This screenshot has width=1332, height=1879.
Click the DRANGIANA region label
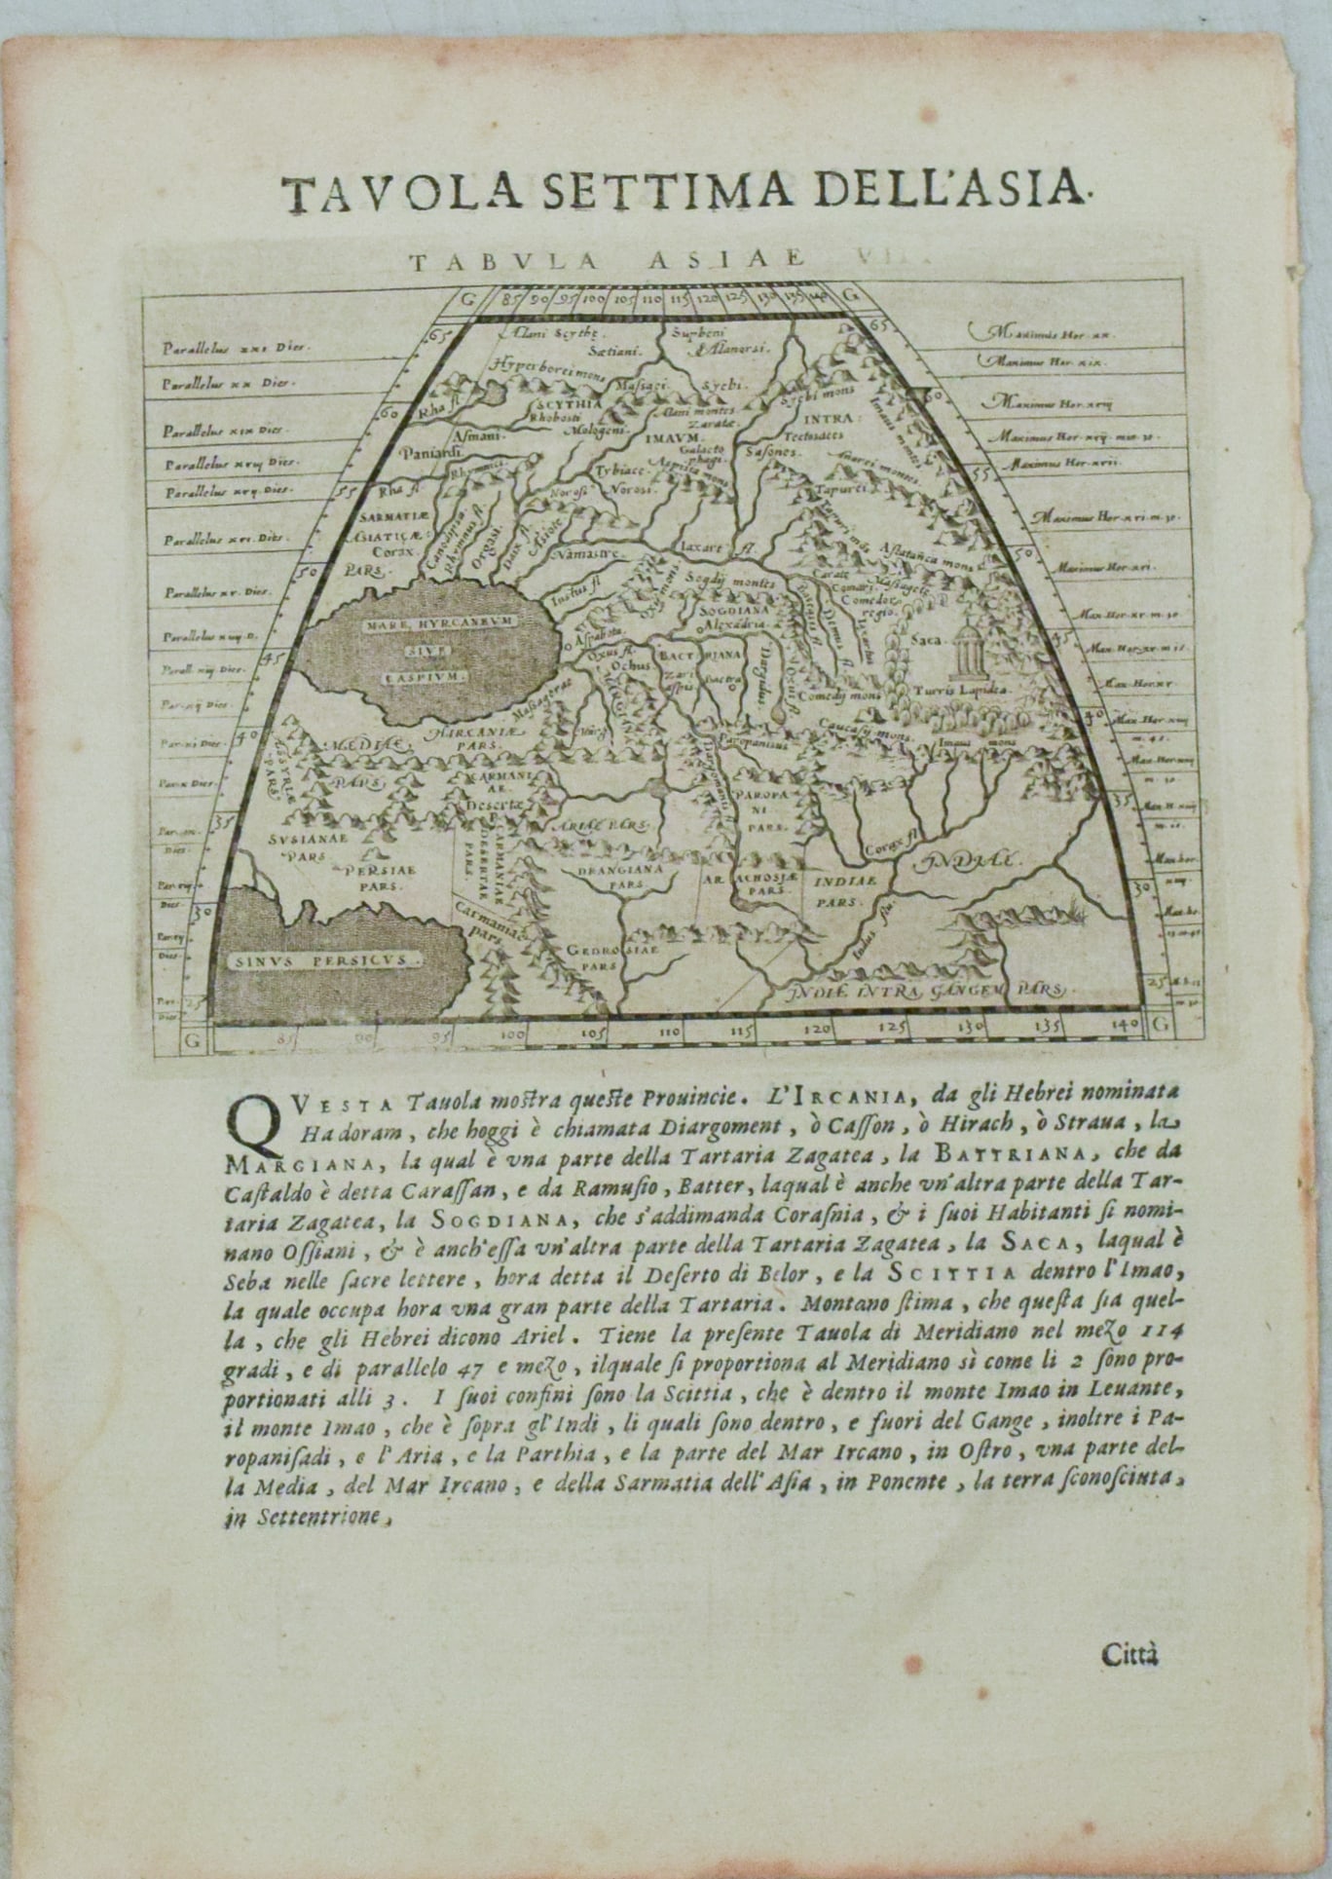pos(635,867)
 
